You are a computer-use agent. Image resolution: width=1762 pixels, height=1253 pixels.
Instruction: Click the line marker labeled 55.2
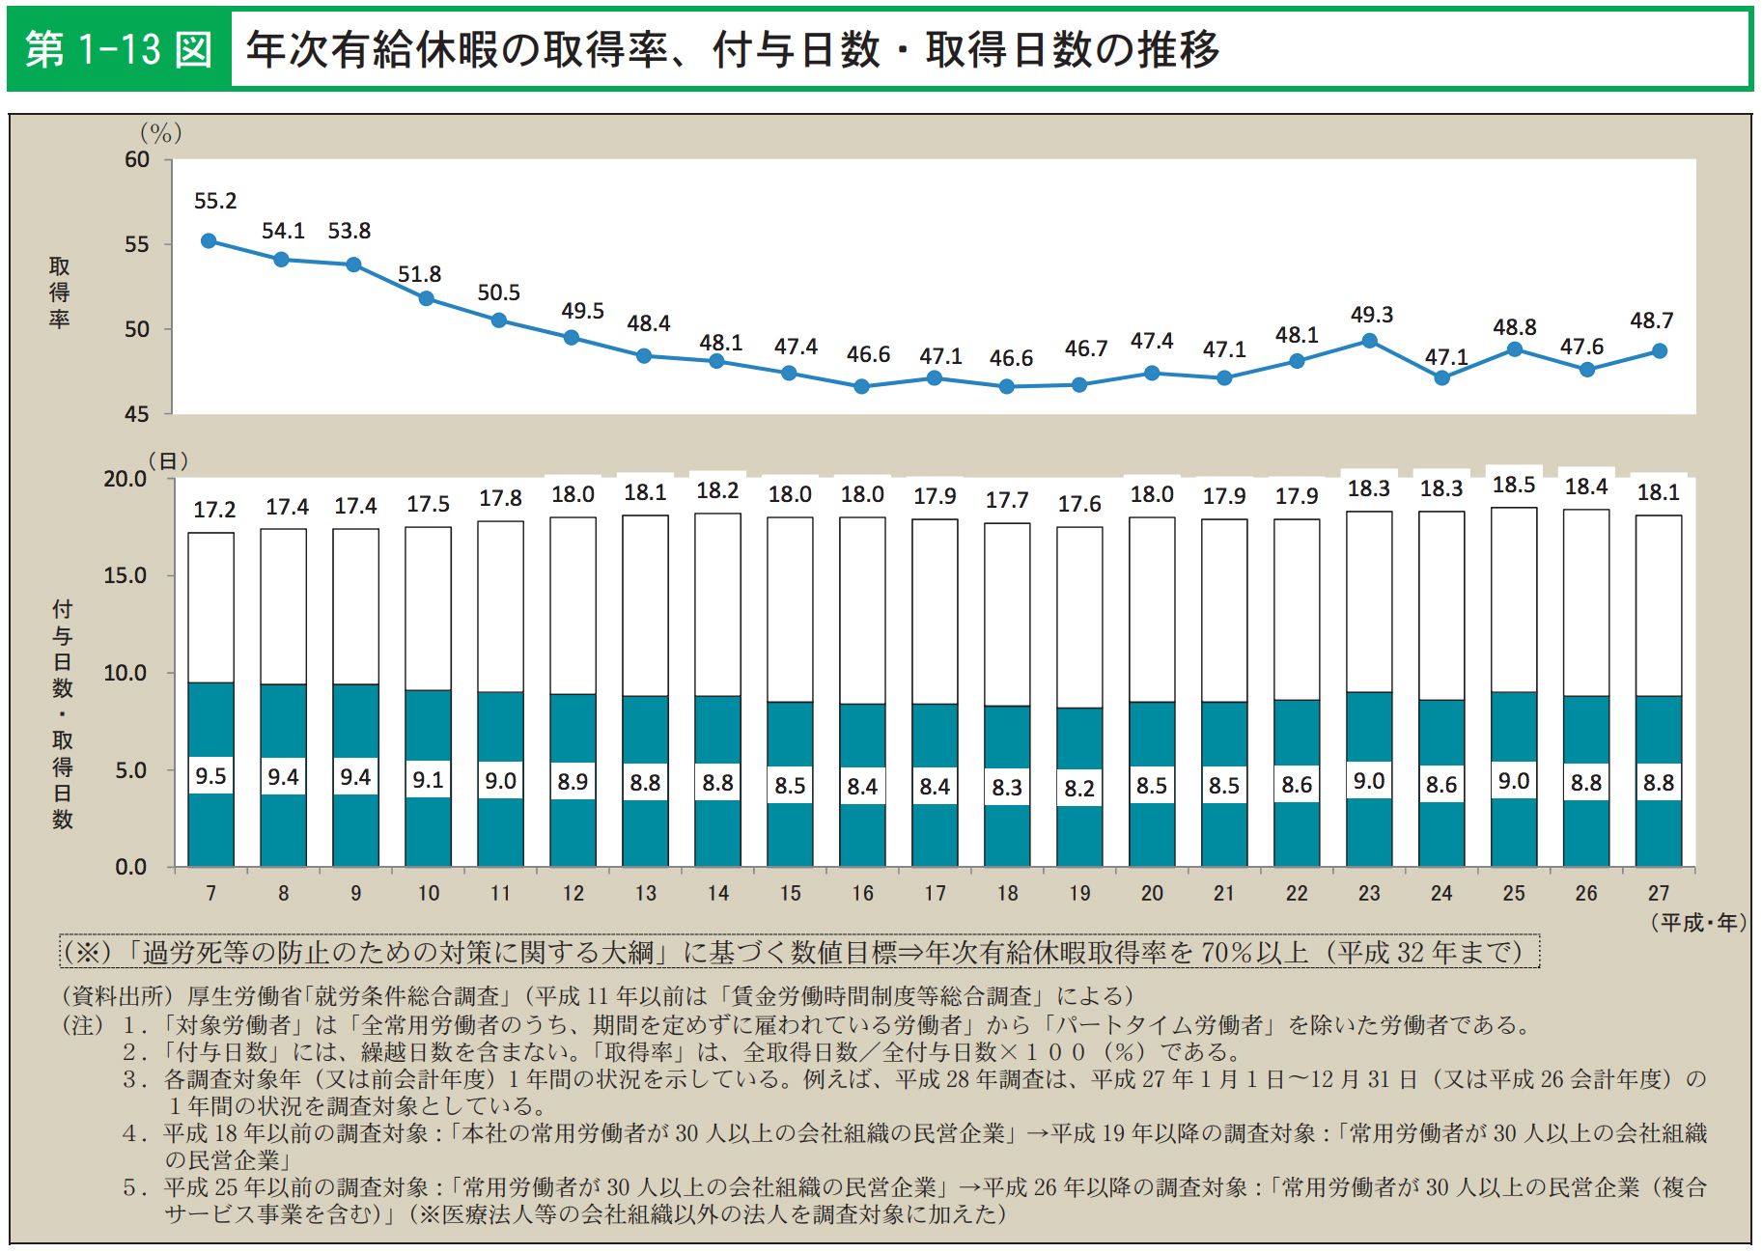pyautogui.click(x=209, y=241)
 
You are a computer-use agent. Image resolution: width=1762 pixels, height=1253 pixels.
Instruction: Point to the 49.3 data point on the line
pyautogui.click(x=1369, y=341)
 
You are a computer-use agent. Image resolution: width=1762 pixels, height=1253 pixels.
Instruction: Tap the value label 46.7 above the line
pyautogui.click(x=1085, y=348)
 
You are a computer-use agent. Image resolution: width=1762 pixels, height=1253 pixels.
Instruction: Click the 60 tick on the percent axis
pyautogui.click(x=137, y=160)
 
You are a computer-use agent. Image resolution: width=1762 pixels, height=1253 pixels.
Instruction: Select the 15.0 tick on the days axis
pyautogui.click(x=126, y=576)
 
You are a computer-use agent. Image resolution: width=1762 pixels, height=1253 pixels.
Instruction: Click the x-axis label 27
pyautogui.click(x=1658, y=893)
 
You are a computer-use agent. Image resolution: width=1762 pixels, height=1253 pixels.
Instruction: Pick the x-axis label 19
pyautogui.click(x=1079, y=893)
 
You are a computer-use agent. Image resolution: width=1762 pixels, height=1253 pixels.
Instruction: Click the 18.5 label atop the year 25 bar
pyautogui.click(x=1513, y=485)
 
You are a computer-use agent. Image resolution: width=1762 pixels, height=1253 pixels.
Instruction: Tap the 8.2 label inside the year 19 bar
pyautogui.click(x=1079, y=789)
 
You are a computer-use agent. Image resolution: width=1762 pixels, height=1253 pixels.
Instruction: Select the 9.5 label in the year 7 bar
pyautogui.click(x=210, y=776)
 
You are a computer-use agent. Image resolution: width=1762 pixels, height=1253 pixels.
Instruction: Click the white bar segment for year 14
pyautogui.click(x=717, y=604)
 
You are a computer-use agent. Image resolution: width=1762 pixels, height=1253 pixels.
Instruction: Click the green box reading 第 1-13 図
pyautogui.click(x=119, y=50)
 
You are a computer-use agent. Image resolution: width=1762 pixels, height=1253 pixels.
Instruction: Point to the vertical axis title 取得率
pyautogui.click(x=60, y=292)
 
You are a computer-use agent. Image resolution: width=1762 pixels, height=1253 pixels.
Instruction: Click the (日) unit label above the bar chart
pyautogui.click(x=168, y=461)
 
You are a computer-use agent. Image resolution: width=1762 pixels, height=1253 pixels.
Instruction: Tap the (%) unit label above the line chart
pyautogui.click(x=160, y=133)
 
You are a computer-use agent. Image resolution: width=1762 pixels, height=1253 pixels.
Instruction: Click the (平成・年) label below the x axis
pyautogui.click(x=1697, y=923)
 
